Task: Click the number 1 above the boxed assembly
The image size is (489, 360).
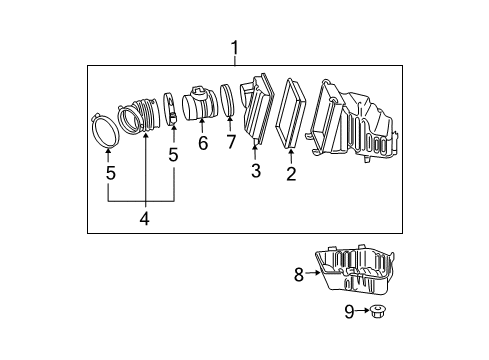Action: [x=235, y=48]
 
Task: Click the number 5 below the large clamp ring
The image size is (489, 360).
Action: [x=109, y=173]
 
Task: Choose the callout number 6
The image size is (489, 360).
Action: [x=202, y=143]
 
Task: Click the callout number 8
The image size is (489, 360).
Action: [x=298, y=274]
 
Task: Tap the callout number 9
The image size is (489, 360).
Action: [x=349, y=313]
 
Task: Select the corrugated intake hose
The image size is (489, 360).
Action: [x=141, y=114]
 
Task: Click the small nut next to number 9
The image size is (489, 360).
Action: [x=377, y=313]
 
